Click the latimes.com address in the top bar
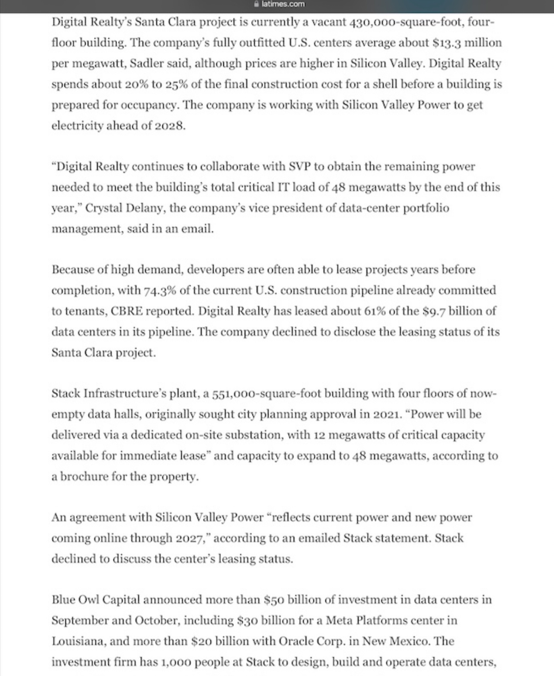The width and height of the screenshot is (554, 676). (283, 4)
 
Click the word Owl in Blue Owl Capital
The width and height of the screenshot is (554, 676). (89, 600)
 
